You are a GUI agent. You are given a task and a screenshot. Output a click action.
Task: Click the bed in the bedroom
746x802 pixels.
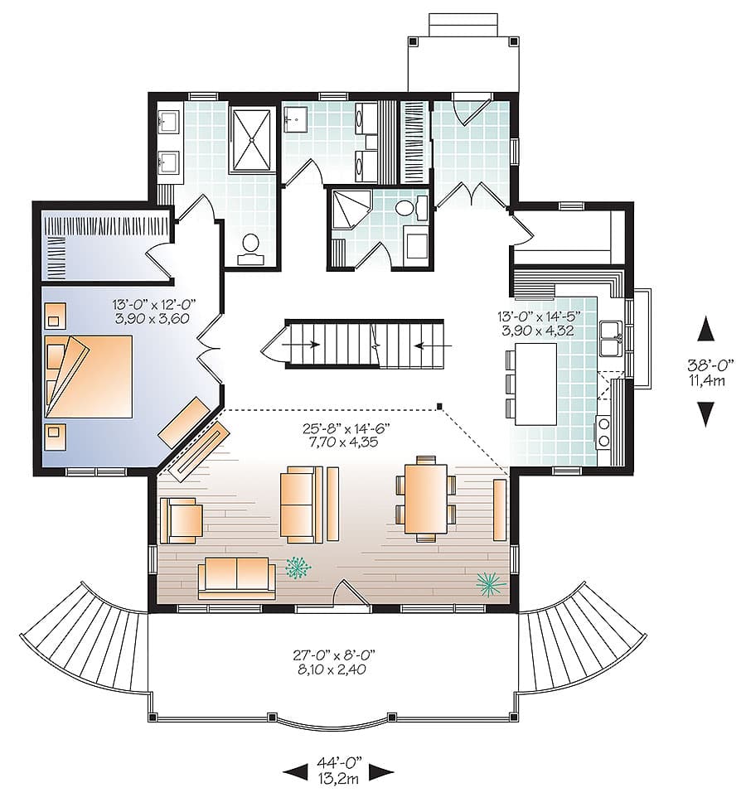[90, 376]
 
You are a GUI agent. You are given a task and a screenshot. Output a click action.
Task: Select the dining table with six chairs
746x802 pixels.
[426, 499]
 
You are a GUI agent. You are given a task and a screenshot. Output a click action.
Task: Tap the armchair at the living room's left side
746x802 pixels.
[182, 519]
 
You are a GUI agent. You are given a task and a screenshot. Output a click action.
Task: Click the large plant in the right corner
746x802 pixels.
[492, 584]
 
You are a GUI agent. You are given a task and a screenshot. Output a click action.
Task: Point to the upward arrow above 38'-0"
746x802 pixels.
[705, 329]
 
